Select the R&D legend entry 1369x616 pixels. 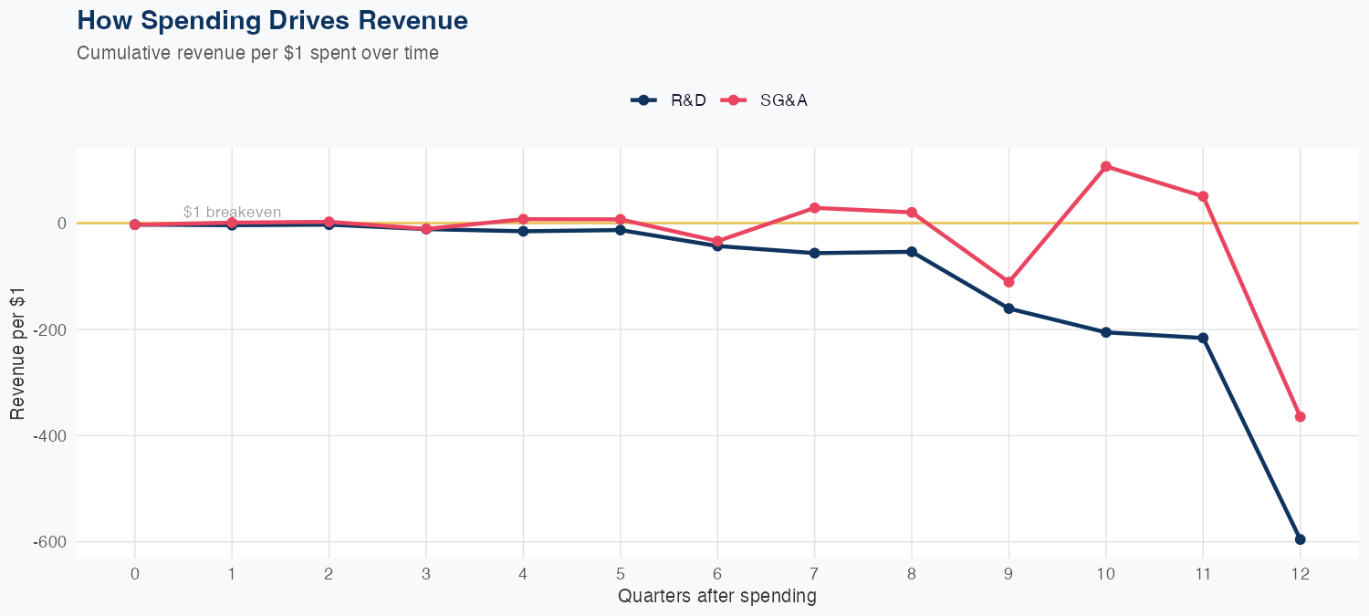pyautogui.click(x=668, y=100)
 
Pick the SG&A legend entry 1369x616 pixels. pyautogui.click(x=764, y=100)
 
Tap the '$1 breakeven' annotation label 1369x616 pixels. pyautogui.click(x=232, y=212)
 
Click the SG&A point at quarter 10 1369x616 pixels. pyautogui.click(x=1105, y=166)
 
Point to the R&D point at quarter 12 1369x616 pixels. pyautogui.click(x=1300, y=539)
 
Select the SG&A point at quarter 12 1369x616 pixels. pyautogui.click(x=1300, y=417)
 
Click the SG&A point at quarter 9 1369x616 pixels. pyautogui.click(x=1008, y=282)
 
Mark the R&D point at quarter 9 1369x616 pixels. pyautogui.click(x=1008, y=308)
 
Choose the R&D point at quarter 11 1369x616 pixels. pyautogui.click(x=1203, y=338)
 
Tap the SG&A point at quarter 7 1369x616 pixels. pyautogui.click(x=814, y=208)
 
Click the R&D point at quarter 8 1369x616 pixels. pyautogui.click(x=911, y=252)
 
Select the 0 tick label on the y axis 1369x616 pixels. pyautogui.click(x=61, y=223)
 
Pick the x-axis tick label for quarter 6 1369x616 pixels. pyautogui.click(x=717, y=574)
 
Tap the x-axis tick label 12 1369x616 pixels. pyautogui.click(x=1300, y=574)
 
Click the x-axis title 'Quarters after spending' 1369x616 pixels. pyautogui.click(x=716, y=597)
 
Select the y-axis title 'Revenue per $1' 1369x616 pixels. pyautogui.click(x=17, y=352)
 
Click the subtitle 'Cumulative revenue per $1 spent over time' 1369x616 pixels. pyautogui.click(x=257, y=53)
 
